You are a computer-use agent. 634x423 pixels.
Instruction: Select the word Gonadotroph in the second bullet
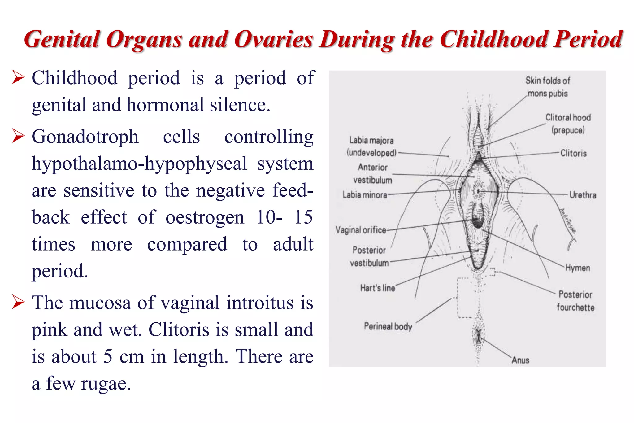pyautogui.click(x=85, y=137)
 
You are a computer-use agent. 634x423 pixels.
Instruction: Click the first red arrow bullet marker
pyautogui.click(x=18, y=77)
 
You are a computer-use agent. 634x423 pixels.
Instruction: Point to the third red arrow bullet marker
pyautogui.click(x=18, y=302)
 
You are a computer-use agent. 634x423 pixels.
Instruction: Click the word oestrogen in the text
pyautogui.click(x=205, y=217)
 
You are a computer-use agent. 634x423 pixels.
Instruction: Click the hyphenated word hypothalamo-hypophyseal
pyautogui.click(x=139, y=164)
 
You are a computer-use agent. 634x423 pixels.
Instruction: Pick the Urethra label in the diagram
pyautogui.click(x=583, y=195)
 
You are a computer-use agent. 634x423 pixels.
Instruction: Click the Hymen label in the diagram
pyautogui.click(x=577, y=268)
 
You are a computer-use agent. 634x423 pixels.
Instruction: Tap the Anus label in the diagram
pyautogui.click(x=520, y=360)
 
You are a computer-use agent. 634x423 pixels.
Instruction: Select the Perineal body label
pyautogui.click(x=388, y=326)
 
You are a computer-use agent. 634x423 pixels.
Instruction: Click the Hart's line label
pyautogui.click(x=377, y=288)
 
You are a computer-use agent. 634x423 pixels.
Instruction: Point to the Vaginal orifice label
pyautogui.click(x=361, y=230)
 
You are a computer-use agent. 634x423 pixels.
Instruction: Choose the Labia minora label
pyautogui.click(x=365, y=195)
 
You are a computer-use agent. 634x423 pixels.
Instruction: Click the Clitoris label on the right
pyautogui.click(x=573, y=153)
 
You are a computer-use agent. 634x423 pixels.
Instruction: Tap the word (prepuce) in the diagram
pyautogui.click(x=568, y=130)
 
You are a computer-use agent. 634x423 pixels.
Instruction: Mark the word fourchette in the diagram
pyautogui.click(x=575, y=307)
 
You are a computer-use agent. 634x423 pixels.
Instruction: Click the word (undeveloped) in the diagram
pyautogui.click(x=371, y=153)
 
